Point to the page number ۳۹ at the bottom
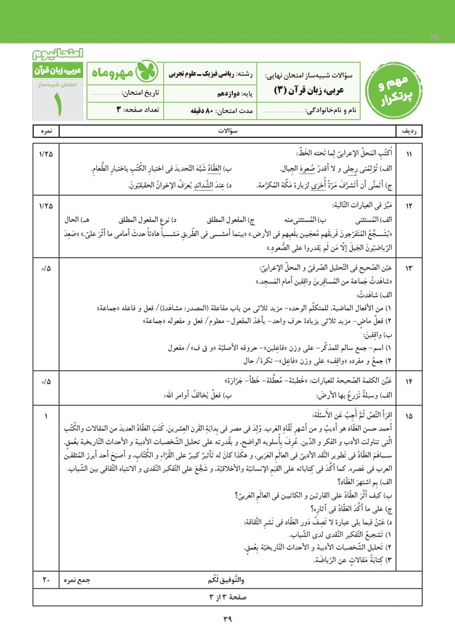[228, 619]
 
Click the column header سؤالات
[228, 131]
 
